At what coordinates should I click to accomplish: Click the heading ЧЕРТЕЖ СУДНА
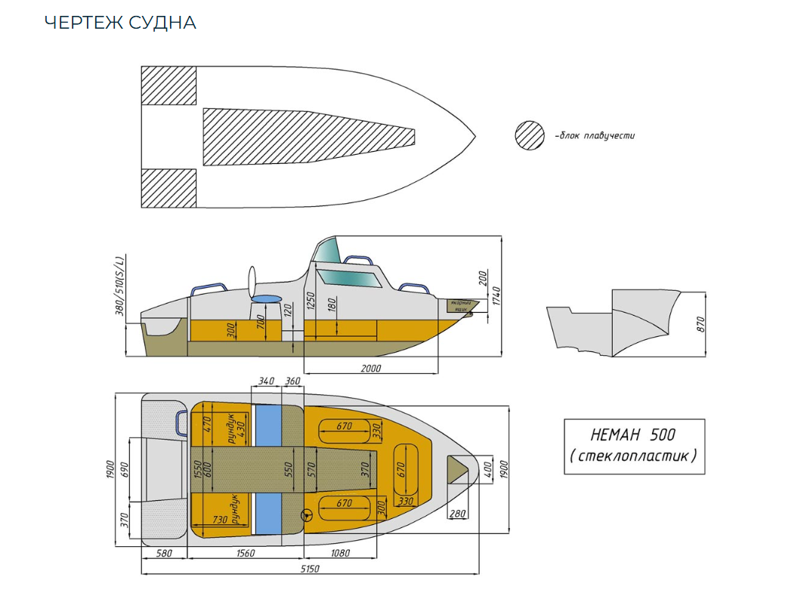(x=120, y=23)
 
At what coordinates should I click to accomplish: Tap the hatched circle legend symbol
(x=530, y=136)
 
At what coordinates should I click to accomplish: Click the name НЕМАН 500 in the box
(x=633, y=434)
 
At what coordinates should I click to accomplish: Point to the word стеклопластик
(x=633, y=456)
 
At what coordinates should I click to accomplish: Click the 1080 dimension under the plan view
(x=341, y=553)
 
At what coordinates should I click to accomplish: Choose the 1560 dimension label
(x=246, y=553)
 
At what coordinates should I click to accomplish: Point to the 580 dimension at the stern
(x=164, y=553)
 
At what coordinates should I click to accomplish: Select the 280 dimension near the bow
(x=457, y=514)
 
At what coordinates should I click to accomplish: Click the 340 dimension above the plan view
(x=265, y=381)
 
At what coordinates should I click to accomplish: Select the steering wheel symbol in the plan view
(x=308, y=516)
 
